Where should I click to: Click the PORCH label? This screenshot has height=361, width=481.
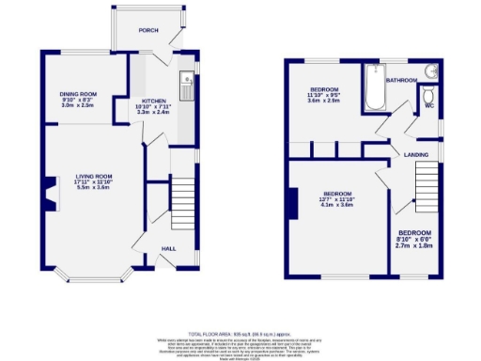(147, 30)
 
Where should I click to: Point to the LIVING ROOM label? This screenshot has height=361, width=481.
(94, 176)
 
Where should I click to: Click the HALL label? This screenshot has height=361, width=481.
(168, 248)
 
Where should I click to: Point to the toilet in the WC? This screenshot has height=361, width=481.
(428, 96)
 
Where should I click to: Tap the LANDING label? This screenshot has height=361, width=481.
(416, 154)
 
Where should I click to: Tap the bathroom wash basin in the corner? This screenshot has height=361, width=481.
(431, 71)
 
